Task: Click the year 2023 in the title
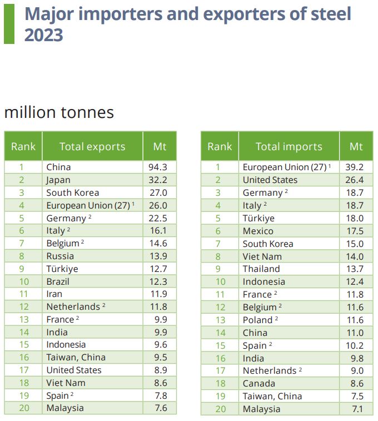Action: point(44,35)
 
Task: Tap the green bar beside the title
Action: point(9,24)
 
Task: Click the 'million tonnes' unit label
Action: point(59,112)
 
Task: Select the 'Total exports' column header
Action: point(92,147)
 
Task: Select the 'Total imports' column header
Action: point(289,147)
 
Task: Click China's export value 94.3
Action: point(158,167)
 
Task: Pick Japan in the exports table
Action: point(58,180)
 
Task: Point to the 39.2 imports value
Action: point(355,167)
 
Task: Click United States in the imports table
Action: point(270,180)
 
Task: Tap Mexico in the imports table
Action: point(258,231)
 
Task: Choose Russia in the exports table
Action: point(60,256)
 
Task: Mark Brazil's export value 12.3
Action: point(158,281)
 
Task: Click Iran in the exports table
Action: point(54,294)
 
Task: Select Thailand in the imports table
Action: point(261,269)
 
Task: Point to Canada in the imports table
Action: point(259,383)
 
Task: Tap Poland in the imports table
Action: point(257,320)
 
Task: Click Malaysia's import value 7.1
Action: point(358,409)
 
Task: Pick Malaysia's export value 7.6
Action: point(161,408)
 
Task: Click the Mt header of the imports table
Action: point(356,147)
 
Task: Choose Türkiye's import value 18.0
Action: point(355,218)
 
